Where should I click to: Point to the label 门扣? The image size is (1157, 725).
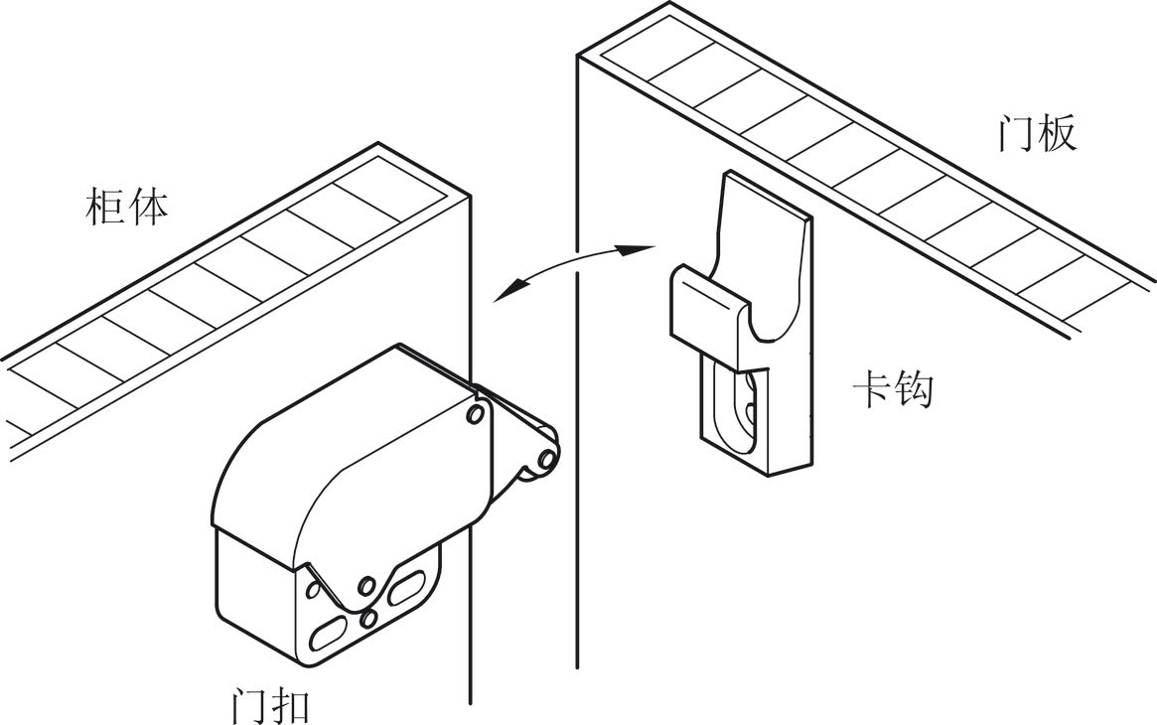270,706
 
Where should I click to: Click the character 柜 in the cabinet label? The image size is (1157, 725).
106,208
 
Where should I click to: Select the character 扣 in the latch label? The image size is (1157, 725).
290,706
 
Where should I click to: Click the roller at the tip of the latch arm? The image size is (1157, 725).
546,460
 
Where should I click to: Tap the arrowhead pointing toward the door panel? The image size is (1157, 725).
638,249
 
